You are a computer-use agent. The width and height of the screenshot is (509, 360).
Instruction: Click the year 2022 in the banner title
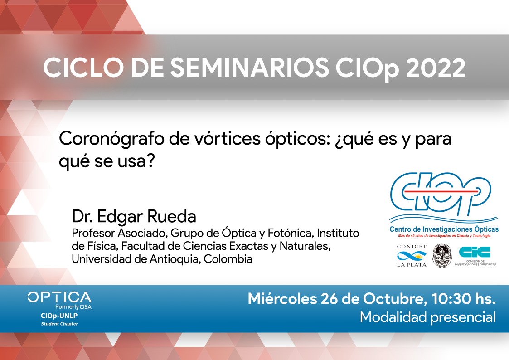436,68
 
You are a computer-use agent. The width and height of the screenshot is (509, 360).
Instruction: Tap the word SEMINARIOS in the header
250,68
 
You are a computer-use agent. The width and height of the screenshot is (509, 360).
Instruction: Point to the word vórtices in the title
227,139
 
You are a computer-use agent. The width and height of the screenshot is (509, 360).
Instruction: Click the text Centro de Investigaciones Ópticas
444,229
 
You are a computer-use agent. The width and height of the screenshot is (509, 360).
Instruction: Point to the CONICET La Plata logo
412,256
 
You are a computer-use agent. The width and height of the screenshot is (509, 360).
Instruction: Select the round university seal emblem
442,255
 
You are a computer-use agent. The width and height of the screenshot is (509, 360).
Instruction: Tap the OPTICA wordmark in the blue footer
59,297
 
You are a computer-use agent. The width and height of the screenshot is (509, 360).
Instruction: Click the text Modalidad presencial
428,317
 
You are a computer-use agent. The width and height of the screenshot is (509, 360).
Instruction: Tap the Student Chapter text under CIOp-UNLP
59,324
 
